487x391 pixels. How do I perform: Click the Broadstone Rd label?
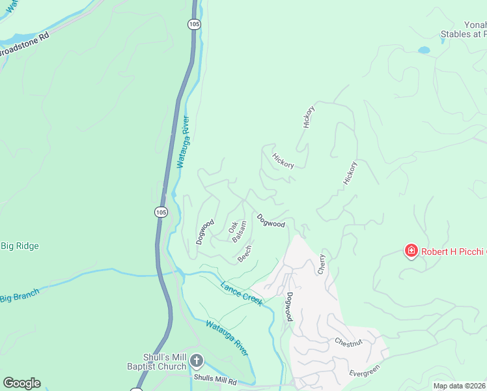coord(25,47)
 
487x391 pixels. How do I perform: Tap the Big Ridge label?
coord(20,246)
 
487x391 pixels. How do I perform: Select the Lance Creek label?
coord(241,293)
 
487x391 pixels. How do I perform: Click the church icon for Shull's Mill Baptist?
coord(197,360)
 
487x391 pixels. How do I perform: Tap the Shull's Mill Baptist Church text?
coord(165,362)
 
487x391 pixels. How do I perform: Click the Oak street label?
coord(232,226)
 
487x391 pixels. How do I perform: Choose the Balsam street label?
coord(240,232)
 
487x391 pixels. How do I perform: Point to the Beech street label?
coord(245,253)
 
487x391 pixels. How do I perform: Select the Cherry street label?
coord(321,264)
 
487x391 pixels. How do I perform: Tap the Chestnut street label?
coord(348,342)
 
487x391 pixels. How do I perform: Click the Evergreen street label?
coord(364,371)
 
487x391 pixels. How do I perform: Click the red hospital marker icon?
coord(411,250)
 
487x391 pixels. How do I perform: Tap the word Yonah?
coord(475,24)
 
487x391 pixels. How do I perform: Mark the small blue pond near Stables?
coord(424,50)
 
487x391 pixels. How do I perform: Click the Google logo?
coord(21,383)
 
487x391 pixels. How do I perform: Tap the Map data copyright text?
coord(460,386)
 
